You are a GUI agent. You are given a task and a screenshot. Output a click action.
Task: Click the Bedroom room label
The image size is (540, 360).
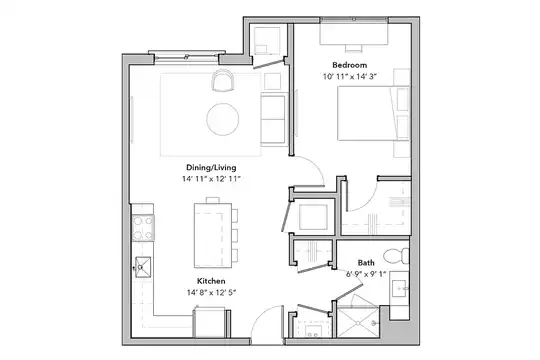(349, 65)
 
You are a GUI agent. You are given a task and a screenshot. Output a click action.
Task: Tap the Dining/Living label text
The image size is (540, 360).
(211, 167)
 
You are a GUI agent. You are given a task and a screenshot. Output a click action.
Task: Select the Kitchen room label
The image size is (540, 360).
(211, 281)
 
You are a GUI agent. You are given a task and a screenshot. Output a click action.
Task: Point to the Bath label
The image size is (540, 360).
(366, 263)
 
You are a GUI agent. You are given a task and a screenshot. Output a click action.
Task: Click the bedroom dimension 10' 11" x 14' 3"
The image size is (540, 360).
(349, 76)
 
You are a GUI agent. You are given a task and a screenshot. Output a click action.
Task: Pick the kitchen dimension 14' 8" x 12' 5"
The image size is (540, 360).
(211, 292)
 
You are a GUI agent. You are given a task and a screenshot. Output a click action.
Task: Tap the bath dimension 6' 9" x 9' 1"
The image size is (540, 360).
(366, 274)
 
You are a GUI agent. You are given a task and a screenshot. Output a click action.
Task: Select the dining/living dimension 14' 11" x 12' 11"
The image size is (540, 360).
(211, 179)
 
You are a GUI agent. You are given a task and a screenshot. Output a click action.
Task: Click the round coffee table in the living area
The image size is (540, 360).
(222, 119)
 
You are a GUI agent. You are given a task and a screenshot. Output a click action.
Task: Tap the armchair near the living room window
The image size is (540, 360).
(222, 80)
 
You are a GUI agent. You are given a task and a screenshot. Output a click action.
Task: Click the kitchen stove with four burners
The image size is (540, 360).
(143, 227)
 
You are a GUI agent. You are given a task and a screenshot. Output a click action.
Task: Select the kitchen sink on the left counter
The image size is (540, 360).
(143, 267)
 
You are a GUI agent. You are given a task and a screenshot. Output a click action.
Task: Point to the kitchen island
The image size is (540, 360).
(213, 235)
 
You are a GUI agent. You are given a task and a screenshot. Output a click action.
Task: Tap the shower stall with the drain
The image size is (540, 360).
(358, 322)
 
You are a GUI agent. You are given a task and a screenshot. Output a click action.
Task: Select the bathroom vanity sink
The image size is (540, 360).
(400, 288)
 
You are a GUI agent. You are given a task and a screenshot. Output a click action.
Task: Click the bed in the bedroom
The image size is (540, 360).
(373, 113)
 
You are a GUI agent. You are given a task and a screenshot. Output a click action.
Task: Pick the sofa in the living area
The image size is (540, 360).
(274, 119)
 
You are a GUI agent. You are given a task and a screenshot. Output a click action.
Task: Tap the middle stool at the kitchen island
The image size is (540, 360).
(235, 236)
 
